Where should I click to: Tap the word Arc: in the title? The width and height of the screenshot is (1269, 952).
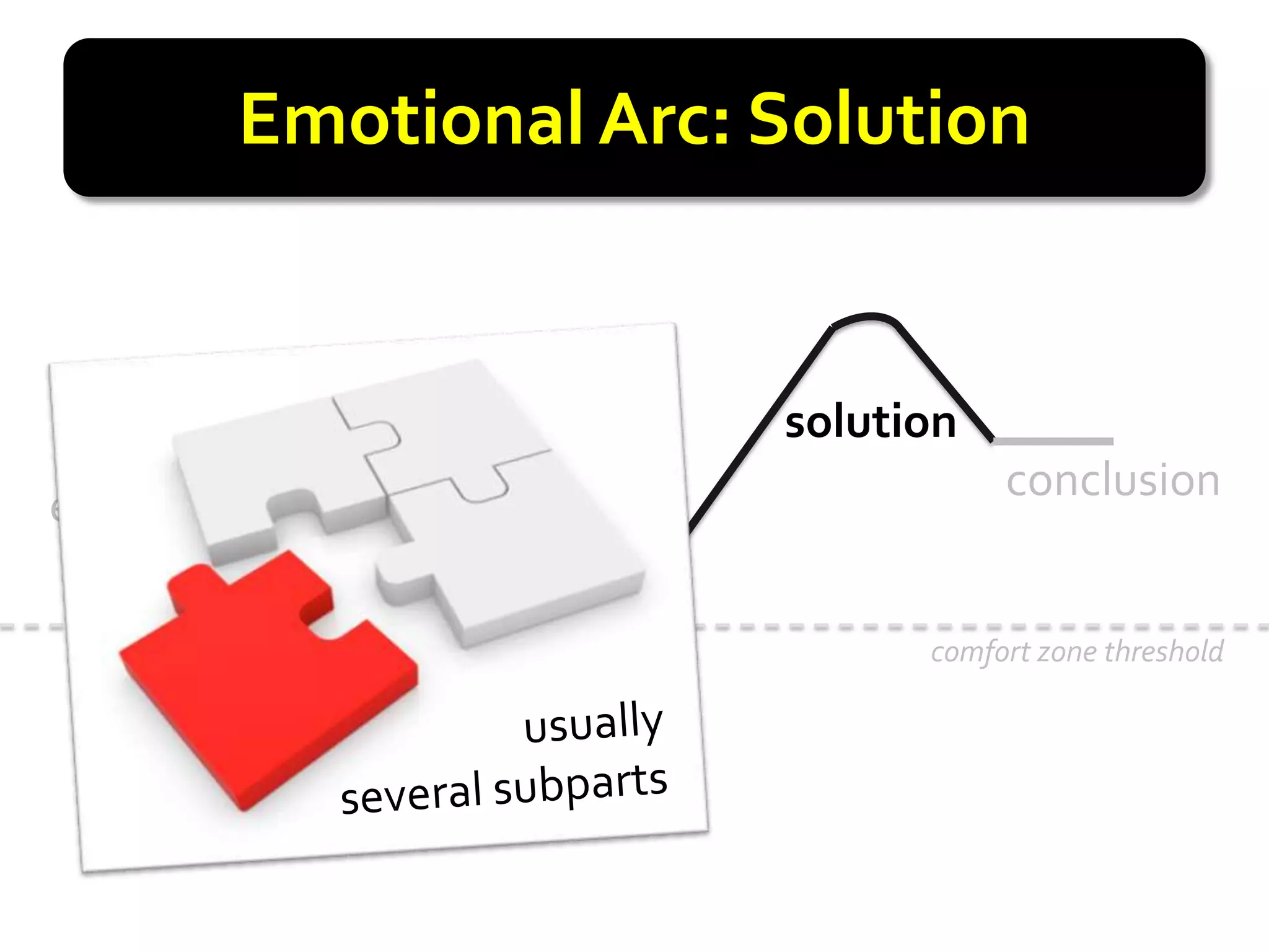point(665,119)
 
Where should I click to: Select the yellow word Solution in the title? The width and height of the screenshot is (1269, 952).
point(889,119)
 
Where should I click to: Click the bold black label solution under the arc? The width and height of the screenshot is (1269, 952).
point(870,422)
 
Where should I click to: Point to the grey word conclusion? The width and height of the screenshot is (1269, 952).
point(1113,481)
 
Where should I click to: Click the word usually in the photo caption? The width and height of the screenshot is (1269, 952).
point(593,723)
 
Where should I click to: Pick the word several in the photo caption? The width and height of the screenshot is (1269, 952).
point(411,794)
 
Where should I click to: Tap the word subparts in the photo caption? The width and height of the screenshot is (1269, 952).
point(580,784)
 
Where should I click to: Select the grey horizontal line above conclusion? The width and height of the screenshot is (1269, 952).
point(1053,441)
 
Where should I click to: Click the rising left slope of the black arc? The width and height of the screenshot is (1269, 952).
point(762,428)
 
